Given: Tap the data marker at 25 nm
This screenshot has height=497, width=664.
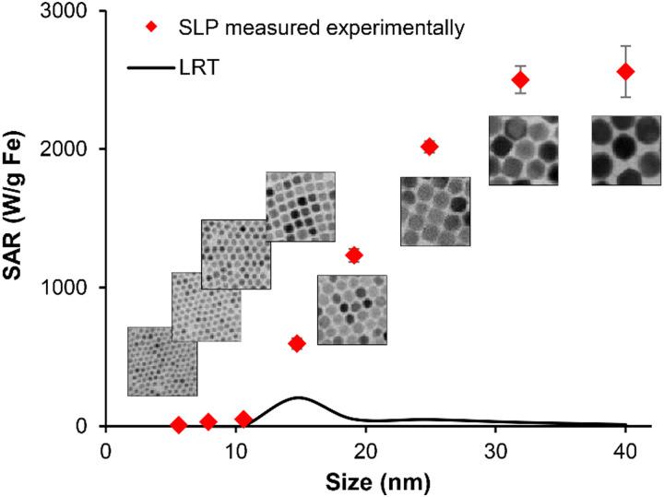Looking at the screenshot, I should [429, 147].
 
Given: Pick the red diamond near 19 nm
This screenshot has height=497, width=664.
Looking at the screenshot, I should [353, 255].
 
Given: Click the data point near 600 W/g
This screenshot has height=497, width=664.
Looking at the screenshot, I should [297, 343].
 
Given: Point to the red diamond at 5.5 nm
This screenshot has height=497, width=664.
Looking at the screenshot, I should [179, 425].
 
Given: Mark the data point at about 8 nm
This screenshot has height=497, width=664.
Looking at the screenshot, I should [208, 421].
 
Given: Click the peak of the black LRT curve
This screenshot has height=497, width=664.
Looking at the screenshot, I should [298, 397].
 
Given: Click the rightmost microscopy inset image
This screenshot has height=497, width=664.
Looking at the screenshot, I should [626, 150].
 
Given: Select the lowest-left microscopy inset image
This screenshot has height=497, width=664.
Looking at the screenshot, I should [162, 361].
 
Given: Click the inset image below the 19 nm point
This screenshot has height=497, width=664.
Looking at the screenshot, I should [352, 310].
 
